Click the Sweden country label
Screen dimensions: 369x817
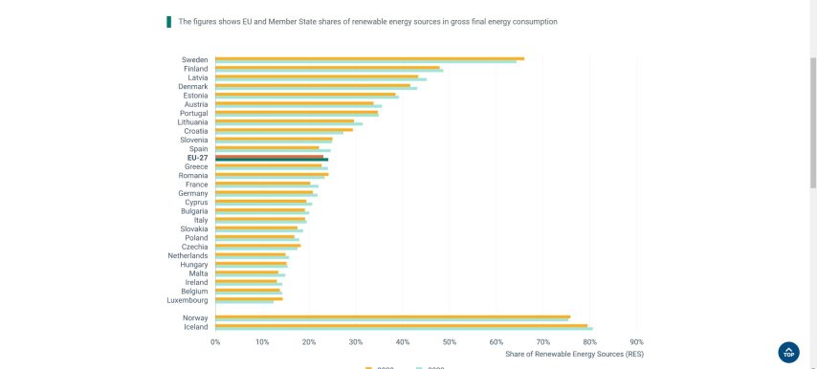[x=195, y=59]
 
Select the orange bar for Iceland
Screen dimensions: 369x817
[x=401, y=325]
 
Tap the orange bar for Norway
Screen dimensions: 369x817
[x=392, y=316]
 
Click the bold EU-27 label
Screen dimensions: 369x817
[x=197, y=158]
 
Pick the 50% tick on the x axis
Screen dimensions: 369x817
[x=450, y=341]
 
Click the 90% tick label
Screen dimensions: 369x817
[x=637, y=341]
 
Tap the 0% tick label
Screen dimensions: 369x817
[x=215, y=341]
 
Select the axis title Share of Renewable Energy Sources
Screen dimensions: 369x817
[x=574, y=354]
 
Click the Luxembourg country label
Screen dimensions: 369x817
[x=188, y=300]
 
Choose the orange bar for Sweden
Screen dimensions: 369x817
[x=369, y=58]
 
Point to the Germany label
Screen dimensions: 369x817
[x=193, y=193]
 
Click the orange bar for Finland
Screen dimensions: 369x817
[x=327, y=67]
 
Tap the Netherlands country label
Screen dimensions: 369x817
[x=188, y=255]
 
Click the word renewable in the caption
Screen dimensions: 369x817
[x=368, y=21]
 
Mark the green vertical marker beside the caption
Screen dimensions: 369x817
[x=168, y=21]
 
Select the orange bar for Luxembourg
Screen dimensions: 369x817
[x=249, y=299]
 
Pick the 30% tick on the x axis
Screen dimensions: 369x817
[x=356, y=341]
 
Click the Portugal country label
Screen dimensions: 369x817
[x=193, y=113]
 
